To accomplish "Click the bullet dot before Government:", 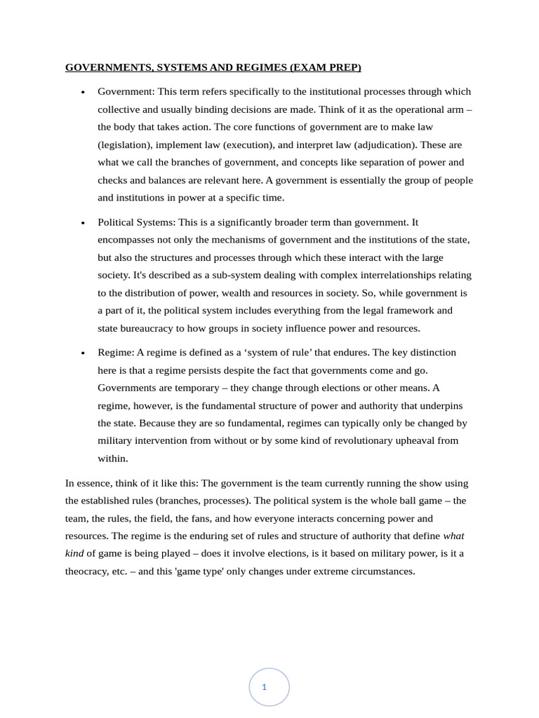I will pyautogui.click(x=83, y=92).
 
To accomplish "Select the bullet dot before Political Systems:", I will pyautogui.click(x=83, y=222).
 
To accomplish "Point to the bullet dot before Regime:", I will pyautogui.click(x=83, y=353).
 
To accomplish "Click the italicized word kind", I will pyautogui.click(x=74, y=553).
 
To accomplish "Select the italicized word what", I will pyautogui.click(x=453, y=536).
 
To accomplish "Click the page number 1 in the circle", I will pyautogui.click(x=264, y=687).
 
